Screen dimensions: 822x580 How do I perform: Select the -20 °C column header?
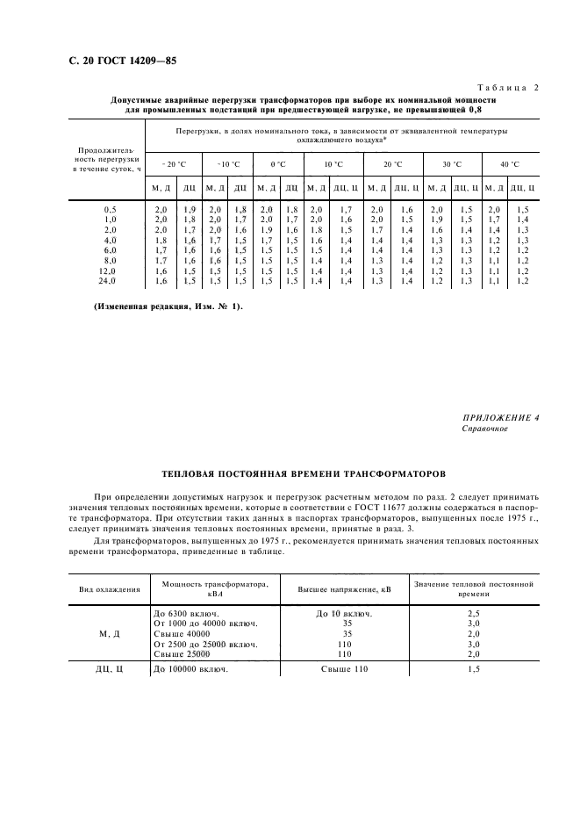tap(174, 164)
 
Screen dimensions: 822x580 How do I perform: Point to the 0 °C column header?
tap(279, 164)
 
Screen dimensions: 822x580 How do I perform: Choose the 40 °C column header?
tap(510, 164)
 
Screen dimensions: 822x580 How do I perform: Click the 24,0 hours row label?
tap(109, 281)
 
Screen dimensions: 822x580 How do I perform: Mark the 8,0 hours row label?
tap(109, 261)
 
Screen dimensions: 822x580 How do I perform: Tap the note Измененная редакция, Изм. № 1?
tap(168, 306)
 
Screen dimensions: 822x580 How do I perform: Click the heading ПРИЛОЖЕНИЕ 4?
tap(499, 418)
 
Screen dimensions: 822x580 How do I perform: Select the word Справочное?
tap(483, 429)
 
